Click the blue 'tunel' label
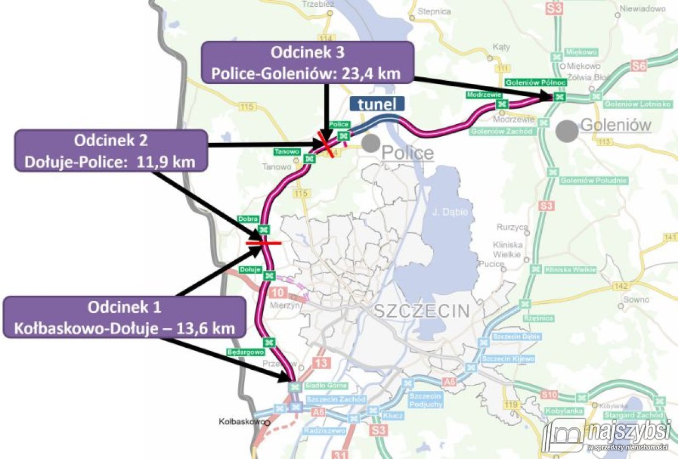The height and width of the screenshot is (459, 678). (377, 104)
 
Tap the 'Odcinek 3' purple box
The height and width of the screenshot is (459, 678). (307, 63)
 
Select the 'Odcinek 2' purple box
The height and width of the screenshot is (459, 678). (111, 150)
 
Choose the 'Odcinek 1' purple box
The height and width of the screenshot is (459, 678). (124, 317)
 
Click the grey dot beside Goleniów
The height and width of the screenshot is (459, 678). (567, 131)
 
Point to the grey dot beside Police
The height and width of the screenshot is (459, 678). (371, 143)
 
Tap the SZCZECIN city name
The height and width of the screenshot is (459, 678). (421, 311)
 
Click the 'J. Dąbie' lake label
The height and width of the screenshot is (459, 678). (445, 212)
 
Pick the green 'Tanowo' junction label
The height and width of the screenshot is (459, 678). (286, 151)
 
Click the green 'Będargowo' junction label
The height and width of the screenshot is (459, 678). (245, 352)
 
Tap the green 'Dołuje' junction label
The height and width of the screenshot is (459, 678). (250, 269)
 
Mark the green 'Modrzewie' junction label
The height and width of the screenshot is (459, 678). (480, 95)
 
